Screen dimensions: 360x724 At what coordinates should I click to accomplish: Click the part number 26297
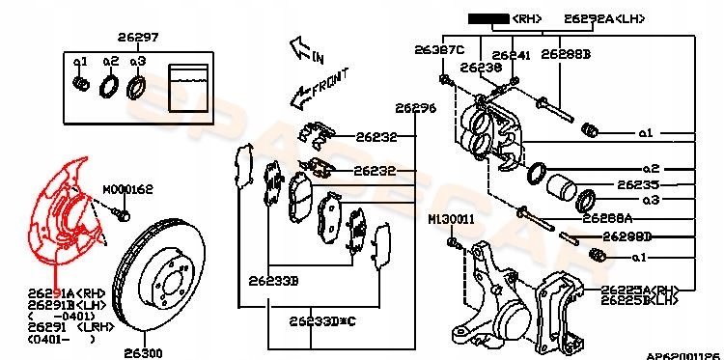(x=138, y=38)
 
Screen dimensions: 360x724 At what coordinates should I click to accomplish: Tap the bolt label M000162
(x=127, y=190)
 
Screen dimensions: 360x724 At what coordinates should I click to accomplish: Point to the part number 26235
(x=638, y=183)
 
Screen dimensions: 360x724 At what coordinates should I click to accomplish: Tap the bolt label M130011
(x=451, y=220)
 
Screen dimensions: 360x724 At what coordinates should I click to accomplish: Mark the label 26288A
(x=637, y=218)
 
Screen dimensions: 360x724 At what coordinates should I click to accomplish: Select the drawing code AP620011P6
(x=682, y=354)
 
